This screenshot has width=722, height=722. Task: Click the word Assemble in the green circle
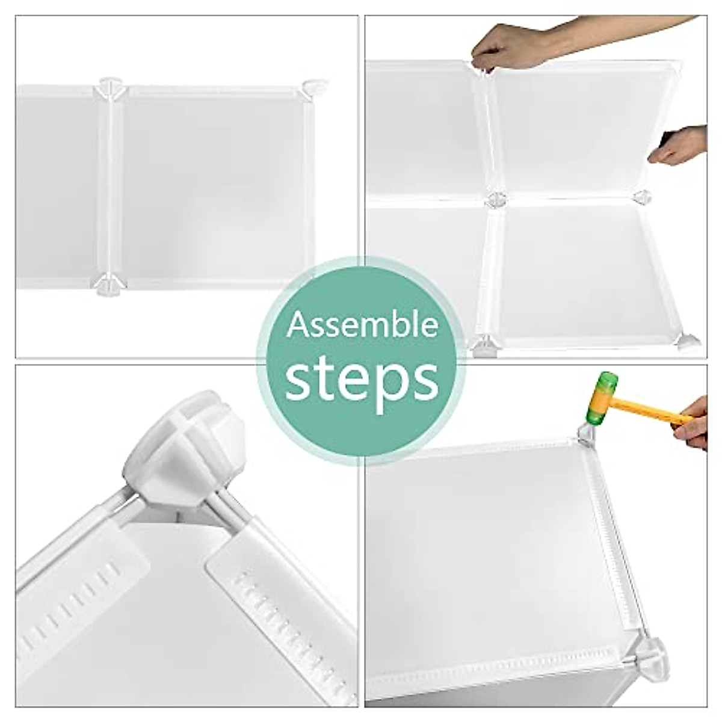click(x=362, y=326)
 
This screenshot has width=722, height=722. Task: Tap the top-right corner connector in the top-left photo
click(x=315, y=88)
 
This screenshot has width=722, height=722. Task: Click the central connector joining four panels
click(x=496, y=199)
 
